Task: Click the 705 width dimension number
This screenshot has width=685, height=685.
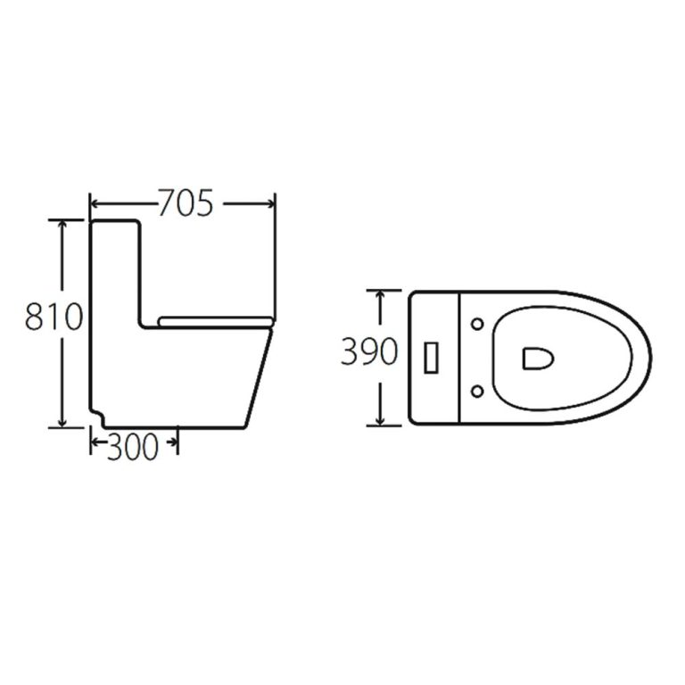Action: [x=186, y=204]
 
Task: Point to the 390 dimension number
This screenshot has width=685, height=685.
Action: [x=367, y=353]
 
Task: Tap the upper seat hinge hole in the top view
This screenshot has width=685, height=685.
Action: [x=480, y=323]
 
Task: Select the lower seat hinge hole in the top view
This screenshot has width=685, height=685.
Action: [x=480, y=389]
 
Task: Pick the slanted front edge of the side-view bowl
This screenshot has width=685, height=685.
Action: [x=260, y=375]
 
